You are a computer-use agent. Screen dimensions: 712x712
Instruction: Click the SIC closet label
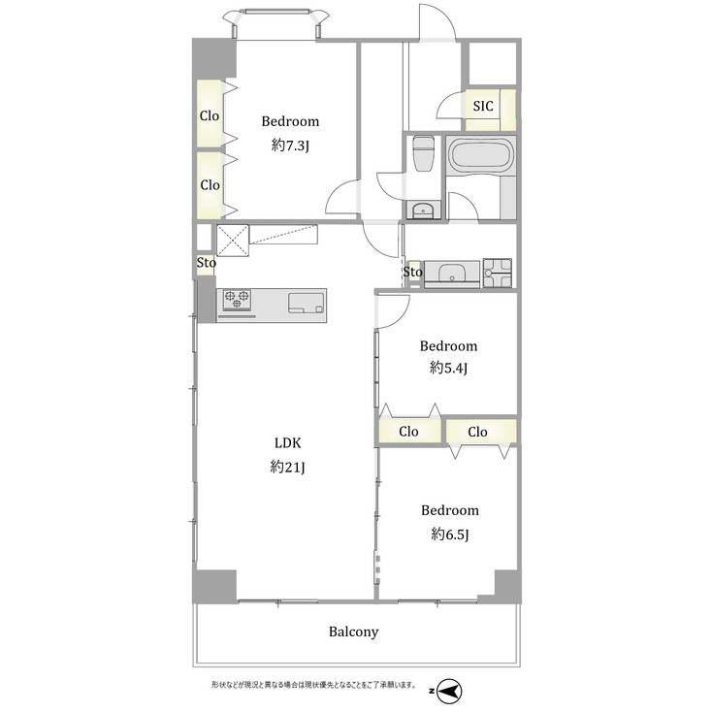[483, 107]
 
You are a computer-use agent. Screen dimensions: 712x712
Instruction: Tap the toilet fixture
[422, 154]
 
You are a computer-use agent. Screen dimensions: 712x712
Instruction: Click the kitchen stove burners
[237, 302]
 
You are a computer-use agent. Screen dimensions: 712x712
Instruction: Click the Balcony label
[353, 631]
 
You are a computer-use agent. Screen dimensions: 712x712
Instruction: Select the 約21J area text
[289, 467]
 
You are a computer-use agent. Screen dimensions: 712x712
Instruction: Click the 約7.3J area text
[290, 146]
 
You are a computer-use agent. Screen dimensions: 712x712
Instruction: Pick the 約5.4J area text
[448, 369]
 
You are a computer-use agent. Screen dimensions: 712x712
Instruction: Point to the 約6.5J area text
[448, 534]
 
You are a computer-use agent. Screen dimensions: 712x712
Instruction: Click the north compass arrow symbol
[449, 691]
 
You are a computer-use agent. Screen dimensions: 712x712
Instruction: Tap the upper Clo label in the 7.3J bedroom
[210, 115]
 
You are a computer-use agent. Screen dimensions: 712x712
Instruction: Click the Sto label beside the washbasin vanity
[413, 273]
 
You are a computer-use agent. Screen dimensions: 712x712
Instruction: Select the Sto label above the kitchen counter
[206, 262]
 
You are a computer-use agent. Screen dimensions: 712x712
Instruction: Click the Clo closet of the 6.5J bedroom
[477, 432]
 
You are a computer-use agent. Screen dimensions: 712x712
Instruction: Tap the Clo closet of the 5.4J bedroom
[408, 432]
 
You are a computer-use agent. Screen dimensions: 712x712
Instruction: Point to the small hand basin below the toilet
[422, 210]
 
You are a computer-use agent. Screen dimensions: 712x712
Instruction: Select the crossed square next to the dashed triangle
[233, 239]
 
